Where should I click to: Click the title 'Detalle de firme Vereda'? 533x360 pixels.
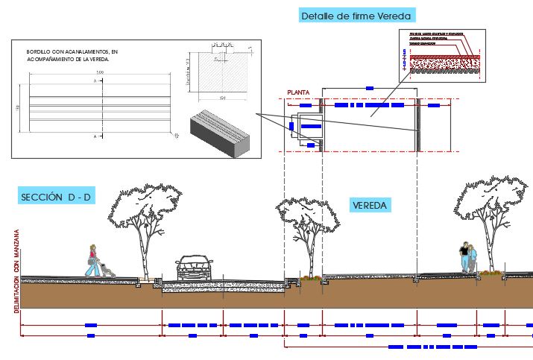coord(356,15)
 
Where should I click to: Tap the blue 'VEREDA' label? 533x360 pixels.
coord(370,205)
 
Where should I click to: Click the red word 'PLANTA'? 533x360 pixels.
coord(299,93)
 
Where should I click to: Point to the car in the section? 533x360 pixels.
coord(194,267)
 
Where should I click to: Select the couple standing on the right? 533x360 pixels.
coord(468,258)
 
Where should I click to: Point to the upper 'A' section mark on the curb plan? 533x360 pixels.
coord(95,80)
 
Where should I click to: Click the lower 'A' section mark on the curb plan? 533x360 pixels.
coord(95,137)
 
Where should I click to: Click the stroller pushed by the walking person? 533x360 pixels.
coord(107,269)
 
